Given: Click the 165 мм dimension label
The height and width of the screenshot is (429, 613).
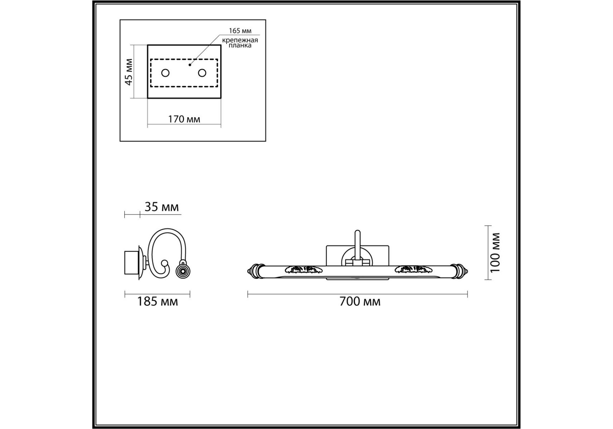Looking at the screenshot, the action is point(240,31).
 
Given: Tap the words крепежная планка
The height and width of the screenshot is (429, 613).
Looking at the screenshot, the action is point(240,43).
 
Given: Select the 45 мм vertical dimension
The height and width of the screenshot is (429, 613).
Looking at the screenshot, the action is point(129,71).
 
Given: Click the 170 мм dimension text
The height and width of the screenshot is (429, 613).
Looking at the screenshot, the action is point(184,119).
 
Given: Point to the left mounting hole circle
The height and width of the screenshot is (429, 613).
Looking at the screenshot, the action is point(165,73).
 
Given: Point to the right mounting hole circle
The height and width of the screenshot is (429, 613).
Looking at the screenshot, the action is point(202,73).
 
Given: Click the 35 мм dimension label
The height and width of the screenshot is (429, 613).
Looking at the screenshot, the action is point(162,207).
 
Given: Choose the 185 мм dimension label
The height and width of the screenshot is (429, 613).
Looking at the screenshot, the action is point(157,302).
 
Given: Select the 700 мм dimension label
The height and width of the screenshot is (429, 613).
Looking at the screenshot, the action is point(360,302).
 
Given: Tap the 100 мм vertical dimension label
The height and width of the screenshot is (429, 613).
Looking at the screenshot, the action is point(495,252).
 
